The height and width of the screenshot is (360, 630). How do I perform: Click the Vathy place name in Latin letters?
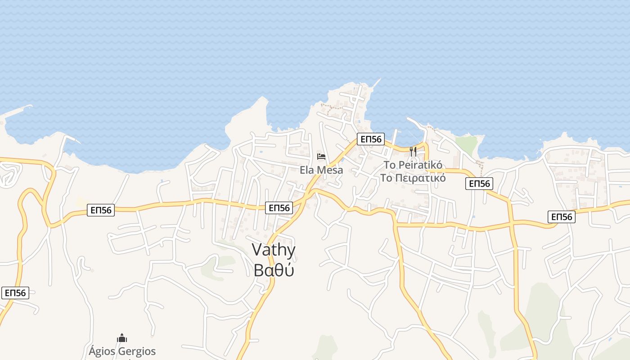pyautogui.click(x=274, y=250)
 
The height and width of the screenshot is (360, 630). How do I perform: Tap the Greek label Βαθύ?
pyautogui.click(x=274, y=270)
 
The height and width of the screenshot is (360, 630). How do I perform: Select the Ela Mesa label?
pyautogui.click(x=321, y=170)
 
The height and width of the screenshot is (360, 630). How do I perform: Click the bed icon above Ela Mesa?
pyautogui.click(x=321, y=157)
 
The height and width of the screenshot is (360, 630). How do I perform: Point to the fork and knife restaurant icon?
pyautogui.click(x=413, y=151)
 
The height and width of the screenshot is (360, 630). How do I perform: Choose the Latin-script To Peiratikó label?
pyautogui.click(x=413, y=165)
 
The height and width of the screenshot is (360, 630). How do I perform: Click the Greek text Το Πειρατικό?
pyautogui.click(x=413, y=178)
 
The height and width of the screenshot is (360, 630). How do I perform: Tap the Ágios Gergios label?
pyautogui.click(x=122, y=351)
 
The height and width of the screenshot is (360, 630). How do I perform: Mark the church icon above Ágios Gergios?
pyautogui.click(x=121, y=338)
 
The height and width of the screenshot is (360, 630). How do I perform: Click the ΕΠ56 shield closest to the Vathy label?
pyautogui.click(x=279, y=207)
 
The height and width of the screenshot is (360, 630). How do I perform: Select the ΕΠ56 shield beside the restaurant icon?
pyautogui.click(x=371, y=139)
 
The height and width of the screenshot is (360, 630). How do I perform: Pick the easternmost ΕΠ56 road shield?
pyautogui.click(x=562, y=217)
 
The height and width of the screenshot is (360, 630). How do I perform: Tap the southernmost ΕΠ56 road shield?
pyautogui.click(x=15, y=293)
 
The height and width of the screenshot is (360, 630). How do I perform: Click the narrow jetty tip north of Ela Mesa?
pyautogui.click(x=377, y=81)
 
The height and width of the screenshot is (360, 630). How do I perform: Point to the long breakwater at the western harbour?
pyautogui.click(x=18, y=109)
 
